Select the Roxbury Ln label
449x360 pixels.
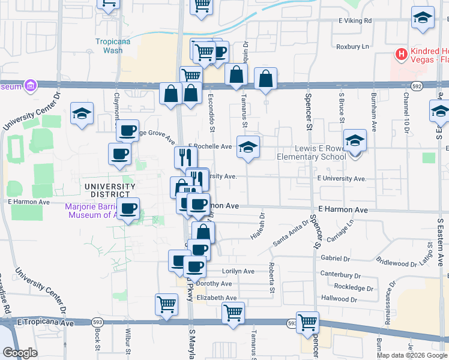click(352, 46)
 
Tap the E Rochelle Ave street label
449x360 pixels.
click(210, 146)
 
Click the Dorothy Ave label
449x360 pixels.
click(214, 284)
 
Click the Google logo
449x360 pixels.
click(20, 353)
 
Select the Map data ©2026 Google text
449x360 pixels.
click(412, 355)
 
